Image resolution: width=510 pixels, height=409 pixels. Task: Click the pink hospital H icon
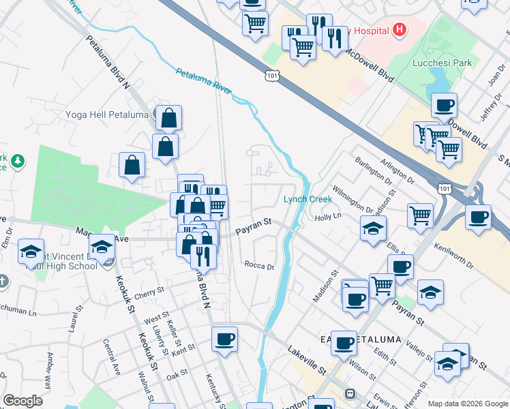pyautogui.click(x=399, y=30)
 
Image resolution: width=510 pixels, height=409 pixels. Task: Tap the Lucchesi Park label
pyautogui.click(x=442, y=63)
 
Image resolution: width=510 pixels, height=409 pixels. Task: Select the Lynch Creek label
pyautogui.click(x=307, y=199)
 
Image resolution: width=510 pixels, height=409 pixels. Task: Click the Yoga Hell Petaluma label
pyautogui.click(x=108, y=115)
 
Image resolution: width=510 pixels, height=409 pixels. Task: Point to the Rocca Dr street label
pyautogui.click(x=259, y=266)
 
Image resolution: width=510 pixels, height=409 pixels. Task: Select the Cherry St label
pyautogui.click(x=149, y=292)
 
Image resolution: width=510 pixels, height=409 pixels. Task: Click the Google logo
pyautogui.click(x=22, y=401)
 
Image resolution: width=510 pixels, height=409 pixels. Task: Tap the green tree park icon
pyautogui.click(x=18, y=162)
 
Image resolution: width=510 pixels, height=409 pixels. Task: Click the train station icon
pyautogui.click(x=350, y=393)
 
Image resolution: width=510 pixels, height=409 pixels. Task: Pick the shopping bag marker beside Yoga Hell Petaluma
pyautogui.click(x=168, y=119)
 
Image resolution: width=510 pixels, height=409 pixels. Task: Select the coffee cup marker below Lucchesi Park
pyautogui.click(x=444, y=106)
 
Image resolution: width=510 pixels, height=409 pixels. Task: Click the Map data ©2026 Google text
pyautogui.click(x=467, y=404)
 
